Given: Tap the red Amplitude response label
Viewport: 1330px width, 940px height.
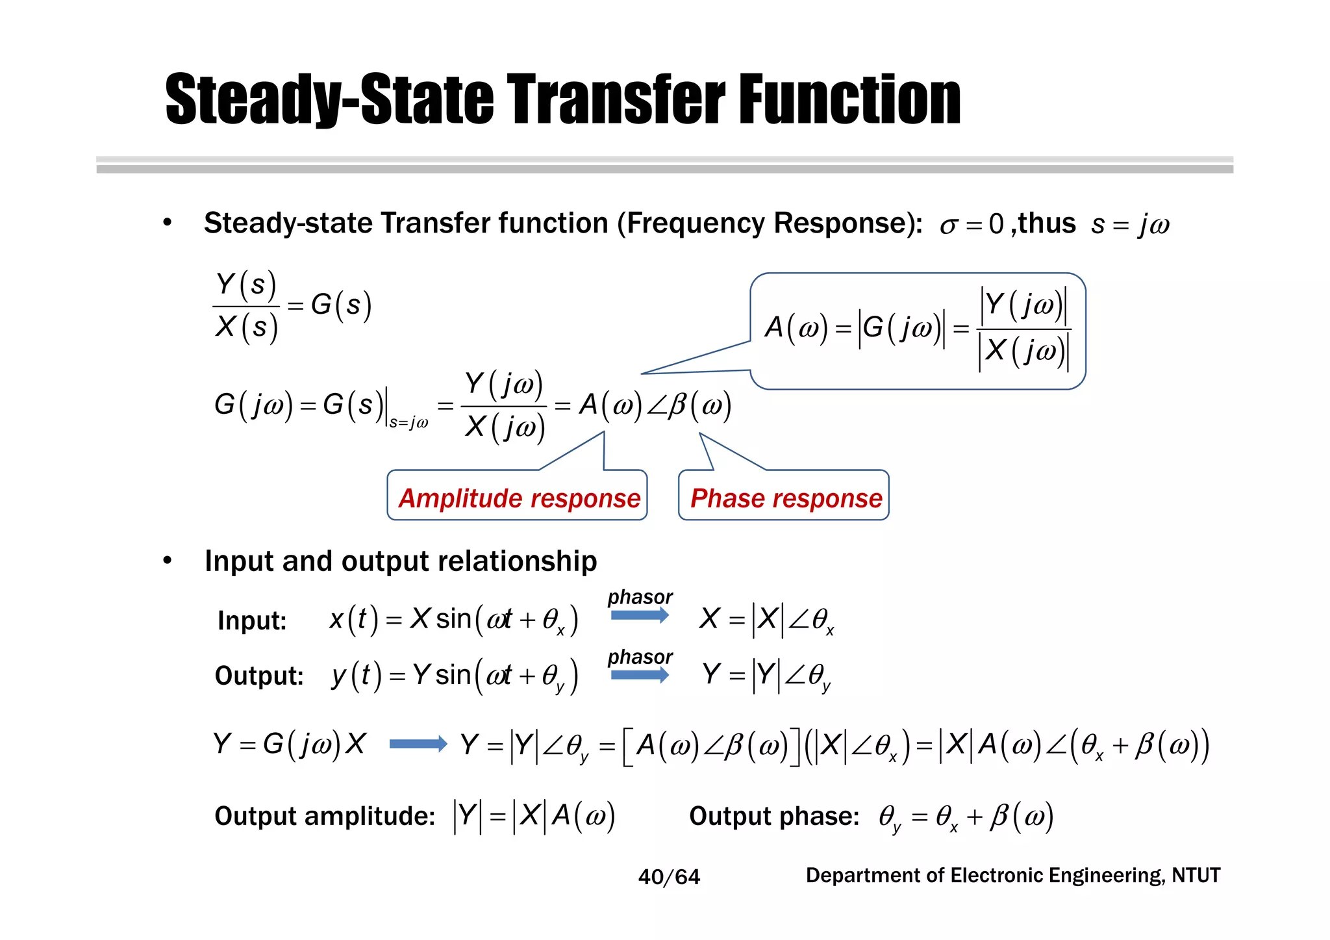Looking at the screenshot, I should pos(519,498).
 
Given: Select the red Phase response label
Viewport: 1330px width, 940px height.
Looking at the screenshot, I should pos(786,498).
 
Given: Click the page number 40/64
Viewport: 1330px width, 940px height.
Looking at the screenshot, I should pos(669,877).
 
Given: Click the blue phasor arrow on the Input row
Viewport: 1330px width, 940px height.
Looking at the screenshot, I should pos(640,615).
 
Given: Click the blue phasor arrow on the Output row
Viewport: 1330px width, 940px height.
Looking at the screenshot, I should pos(640,675).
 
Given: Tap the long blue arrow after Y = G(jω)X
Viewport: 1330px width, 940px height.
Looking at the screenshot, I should pos(418,744).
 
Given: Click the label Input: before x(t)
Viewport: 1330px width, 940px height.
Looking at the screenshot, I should pos(252,620).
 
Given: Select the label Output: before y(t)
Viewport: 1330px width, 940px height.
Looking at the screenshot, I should pos(259,676).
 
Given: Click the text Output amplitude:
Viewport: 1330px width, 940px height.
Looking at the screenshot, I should pos(325,816).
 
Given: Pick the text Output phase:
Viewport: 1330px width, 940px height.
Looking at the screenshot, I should pos(774,816).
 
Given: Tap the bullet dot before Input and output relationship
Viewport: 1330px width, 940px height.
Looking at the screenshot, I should pos(168,560).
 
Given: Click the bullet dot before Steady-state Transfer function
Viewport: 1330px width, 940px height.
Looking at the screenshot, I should pos(168,223).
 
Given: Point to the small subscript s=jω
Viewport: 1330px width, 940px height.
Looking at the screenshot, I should pos(408,423).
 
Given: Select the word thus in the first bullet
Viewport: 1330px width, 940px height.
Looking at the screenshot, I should pos(1046,223).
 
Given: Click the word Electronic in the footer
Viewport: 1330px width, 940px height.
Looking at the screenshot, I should pos(998,876).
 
